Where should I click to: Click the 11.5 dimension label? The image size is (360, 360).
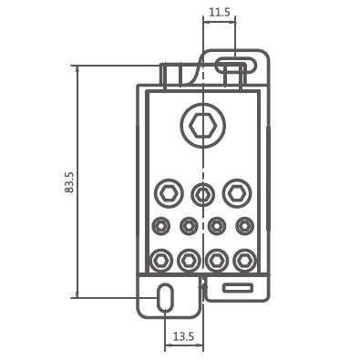[x=220, y=12]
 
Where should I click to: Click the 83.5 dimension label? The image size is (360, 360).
[x=69, y=182]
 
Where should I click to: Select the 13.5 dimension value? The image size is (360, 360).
[x=183, y=336]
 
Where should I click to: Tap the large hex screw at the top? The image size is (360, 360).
[x=202, y=125]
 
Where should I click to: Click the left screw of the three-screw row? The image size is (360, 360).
[x=169, y=193]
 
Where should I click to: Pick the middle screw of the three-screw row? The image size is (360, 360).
[x=202, y=195]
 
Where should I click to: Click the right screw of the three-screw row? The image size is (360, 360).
[x=237, y=193]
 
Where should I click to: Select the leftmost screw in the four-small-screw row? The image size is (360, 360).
[x=160, y=226]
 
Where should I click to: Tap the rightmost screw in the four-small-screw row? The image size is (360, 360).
[x=245, y=226]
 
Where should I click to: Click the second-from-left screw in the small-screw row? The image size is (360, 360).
[x=189, y=226]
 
